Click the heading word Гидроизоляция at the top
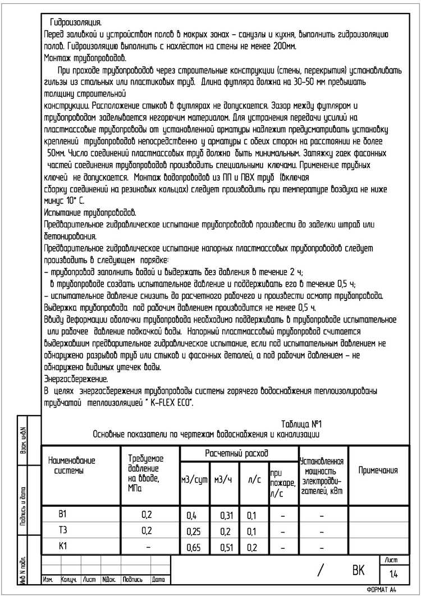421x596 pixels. tap(76, 23)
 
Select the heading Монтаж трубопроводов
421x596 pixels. tap(85, 58)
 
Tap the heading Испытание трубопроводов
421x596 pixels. tap(90, 213)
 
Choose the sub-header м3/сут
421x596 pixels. tap(194, 479)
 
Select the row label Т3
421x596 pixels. tap(63, 530)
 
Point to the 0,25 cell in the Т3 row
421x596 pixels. tap(194, 531)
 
